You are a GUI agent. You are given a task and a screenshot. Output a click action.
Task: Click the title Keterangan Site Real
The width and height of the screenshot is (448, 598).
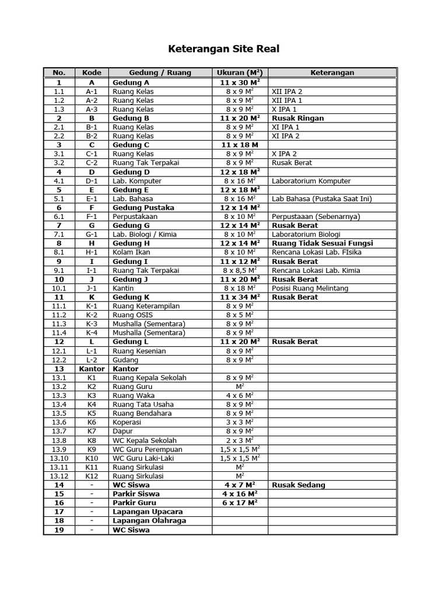pos(224,48)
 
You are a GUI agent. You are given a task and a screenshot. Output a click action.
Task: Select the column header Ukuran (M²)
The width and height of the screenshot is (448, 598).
pos(240,73)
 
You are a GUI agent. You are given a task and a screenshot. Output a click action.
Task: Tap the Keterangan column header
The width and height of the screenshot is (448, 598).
pos(332,73)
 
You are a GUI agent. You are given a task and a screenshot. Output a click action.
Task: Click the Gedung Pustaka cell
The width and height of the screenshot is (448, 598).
pos(139,207)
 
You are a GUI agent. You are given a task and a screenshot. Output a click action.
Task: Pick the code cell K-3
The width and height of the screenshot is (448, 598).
pos(92,324)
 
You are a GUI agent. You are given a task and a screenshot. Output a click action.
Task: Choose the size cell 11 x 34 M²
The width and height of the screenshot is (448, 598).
pos(240,297)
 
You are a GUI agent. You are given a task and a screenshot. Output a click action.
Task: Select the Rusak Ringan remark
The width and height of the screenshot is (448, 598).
pos(297,118)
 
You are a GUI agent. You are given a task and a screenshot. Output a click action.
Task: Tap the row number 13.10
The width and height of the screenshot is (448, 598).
pos(59,458)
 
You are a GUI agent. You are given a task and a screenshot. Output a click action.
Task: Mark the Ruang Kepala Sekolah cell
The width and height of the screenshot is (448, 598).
pos(149,378)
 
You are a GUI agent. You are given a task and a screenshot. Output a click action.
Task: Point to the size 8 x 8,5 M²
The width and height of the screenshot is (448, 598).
pos(240,270)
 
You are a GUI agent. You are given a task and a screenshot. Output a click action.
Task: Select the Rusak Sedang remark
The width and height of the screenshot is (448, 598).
pos(299,485)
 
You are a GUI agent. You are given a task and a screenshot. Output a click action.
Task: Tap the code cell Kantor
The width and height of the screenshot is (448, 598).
pos(92,369)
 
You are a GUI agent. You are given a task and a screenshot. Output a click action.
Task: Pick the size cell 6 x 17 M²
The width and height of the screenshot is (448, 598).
pos(240,503)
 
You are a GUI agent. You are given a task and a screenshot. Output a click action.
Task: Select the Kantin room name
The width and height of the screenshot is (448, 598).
pos(123,288)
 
